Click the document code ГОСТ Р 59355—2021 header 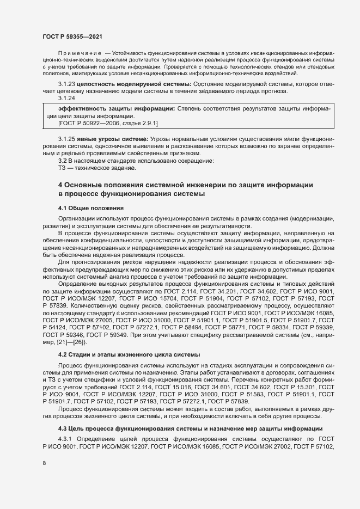pyautogui.click(x=72, y=35)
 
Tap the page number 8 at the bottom pyautogui.click(x=45, y=463)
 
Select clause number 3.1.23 pyautogui.click(x=66, y=85)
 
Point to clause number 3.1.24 pyautogui.click(x=66, y=98)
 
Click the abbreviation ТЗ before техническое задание pyautogui.click(x=62, y=168)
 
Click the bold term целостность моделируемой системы pyautogui.click(x=134, y=85)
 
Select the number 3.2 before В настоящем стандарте pyautogui.click(x=63, y=161)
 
